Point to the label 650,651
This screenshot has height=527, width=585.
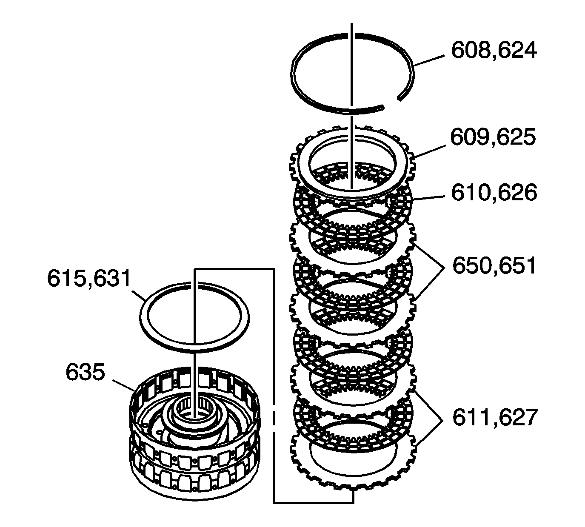(x=494, y=266)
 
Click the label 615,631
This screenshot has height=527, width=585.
(x=89, y=279)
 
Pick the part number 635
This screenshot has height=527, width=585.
(x=85, y=373)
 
